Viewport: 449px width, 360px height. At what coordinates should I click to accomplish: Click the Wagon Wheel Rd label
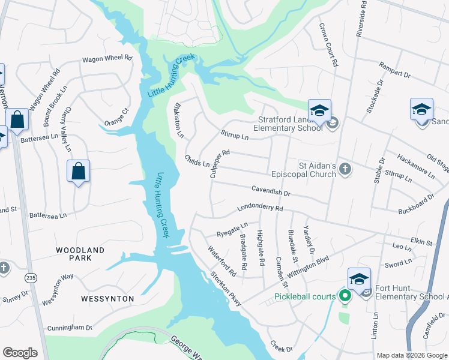point(107,59)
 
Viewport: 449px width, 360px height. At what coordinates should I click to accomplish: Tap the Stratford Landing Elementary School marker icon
point(319,110)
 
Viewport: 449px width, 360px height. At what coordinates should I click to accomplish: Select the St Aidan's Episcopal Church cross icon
point(345,169)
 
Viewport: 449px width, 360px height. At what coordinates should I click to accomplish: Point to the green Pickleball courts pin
point(345,296)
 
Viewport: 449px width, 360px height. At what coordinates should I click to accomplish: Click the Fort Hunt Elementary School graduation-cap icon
point(359,279)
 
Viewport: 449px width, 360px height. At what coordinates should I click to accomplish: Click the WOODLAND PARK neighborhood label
point(80,254)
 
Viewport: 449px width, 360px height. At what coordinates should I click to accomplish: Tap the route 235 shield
point(30,278)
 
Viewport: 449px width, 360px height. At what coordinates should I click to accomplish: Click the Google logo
point(20,353)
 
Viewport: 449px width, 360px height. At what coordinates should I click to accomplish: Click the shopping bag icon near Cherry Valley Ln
point(78,172)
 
